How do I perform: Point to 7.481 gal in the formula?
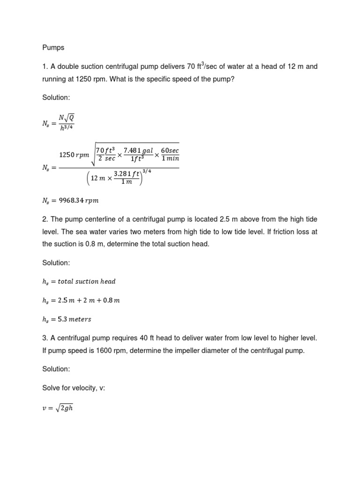click(x=138, y=150)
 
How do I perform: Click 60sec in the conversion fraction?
click(x=170, y=150)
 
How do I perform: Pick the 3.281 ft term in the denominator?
click(x=127, y=173)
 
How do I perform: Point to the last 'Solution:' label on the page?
click(x=56, y=369)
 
